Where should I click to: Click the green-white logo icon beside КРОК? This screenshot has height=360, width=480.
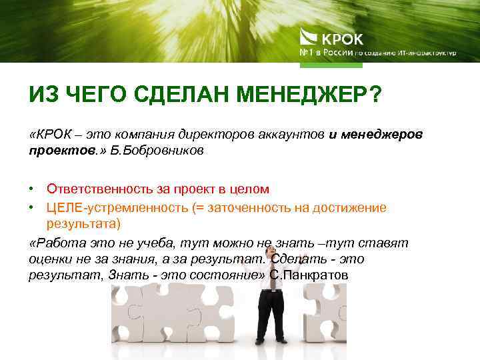tap(309, 37)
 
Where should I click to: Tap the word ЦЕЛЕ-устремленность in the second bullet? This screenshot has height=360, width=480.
tap(117, 207)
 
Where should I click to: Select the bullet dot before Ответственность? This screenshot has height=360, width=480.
tap(33, 191)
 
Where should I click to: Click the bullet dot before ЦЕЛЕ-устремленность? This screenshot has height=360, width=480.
tap(33, 208)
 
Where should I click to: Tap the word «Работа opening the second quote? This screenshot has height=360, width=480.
tap(55, 243)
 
